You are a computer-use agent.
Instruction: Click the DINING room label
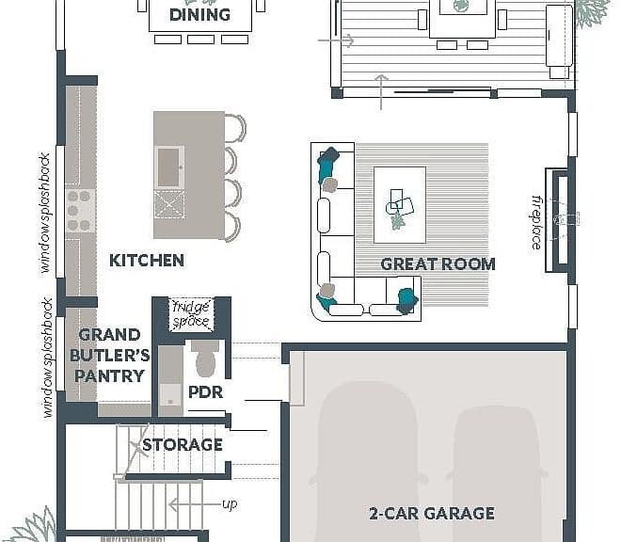(x=199, y=15)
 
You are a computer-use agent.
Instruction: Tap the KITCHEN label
(x=147, y=261)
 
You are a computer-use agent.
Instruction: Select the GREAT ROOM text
(x=438, y=263)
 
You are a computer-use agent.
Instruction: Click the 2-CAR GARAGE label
(x=432, y=514)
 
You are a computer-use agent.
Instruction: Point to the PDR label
(x=205, y=391)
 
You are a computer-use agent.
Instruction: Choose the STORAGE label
(x=183, y=444)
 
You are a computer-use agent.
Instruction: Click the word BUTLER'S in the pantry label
(x=110, y=355)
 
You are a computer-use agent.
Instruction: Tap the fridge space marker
(x=191, y=314)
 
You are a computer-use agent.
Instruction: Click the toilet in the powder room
(x=205, y=358)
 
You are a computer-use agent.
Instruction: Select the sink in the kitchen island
(x=169, y=167)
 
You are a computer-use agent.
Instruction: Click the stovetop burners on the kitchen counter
(x=78, y=211)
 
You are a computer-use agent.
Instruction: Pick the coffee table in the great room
(x=400, y=205)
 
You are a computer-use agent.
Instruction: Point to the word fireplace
(x=536, y=222)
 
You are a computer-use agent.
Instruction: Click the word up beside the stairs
(x=230, y=504)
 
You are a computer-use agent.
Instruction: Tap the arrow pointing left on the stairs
(x=195, y=504)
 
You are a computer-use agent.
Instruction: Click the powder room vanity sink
(x=170, y=400)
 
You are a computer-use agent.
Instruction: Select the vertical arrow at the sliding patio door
(x=381, y=92)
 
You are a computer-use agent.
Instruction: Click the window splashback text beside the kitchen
(x=45, y=213)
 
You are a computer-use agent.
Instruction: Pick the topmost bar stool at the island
(x=235, y=128)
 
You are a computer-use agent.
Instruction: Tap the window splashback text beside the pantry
(x=48, y=358)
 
